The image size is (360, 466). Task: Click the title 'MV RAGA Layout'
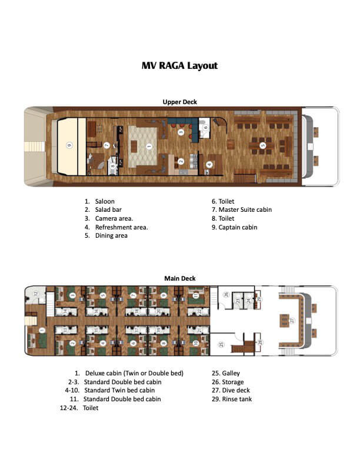[179, 65]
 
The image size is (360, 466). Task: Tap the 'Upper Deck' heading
[179, 102]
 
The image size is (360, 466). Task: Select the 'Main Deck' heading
[179, 278]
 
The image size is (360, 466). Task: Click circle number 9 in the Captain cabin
[69, 145]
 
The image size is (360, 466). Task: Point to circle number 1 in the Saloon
[149, 146]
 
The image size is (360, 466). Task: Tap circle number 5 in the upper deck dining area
[262, 145]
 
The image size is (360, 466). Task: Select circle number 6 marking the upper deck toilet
[205, 126]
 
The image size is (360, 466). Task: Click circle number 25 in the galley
[221, 344]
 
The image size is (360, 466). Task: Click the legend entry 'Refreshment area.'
[121, 227]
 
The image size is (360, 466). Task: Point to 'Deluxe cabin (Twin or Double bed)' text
[134, 373]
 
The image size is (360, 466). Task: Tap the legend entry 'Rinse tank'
[238, 399]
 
